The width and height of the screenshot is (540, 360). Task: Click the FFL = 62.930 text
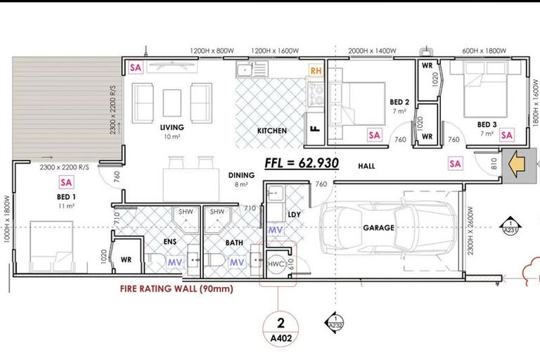pos(302,163)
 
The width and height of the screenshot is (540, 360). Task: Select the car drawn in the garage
pos(387,226)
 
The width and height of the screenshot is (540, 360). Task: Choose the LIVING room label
pos(172,128)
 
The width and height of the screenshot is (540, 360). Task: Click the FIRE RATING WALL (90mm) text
pos(176,288)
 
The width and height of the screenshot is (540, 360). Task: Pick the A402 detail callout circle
pos(281,330)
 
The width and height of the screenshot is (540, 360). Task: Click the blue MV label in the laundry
pos(276,231)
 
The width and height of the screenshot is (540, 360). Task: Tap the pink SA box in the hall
pos(456,164)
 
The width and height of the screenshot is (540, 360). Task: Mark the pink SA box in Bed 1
pos(67,183)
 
